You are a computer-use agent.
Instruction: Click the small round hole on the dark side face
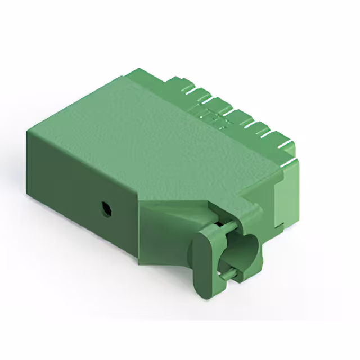point(105,210)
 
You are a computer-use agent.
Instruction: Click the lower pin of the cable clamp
point(227,274)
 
